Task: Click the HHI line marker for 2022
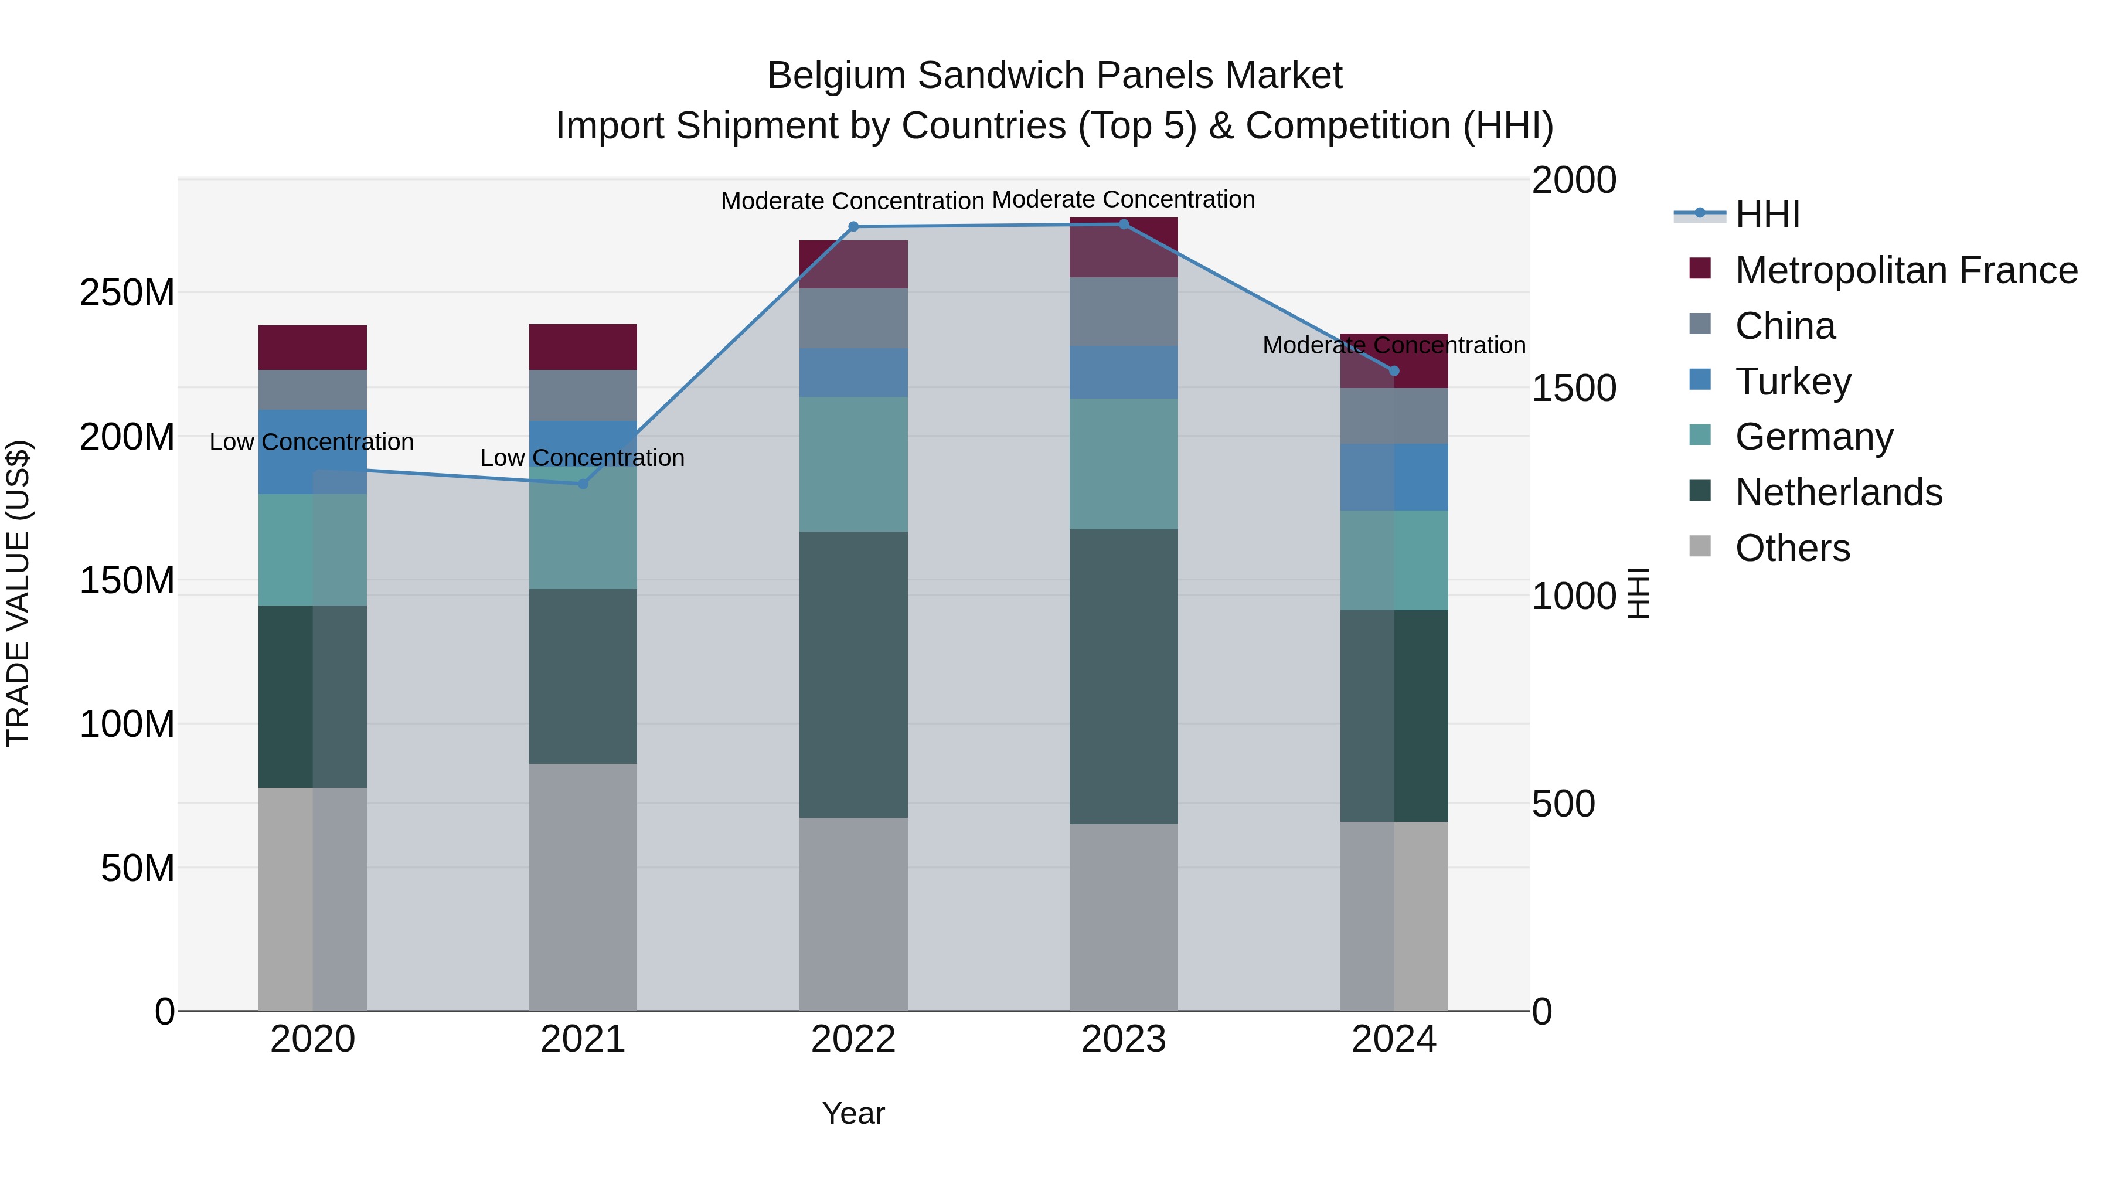(x=853, y=227)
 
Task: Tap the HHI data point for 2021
(x=583, y=484)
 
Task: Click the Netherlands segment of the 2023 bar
(x=1123, y=676)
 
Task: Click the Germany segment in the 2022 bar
(x=853, y=464)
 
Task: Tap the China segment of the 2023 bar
(x=1123, y=311)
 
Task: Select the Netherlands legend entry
(x=1837, y=492)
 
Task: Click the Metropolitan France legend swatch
(x=1700, y=268)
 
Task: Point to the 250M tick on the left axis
(x=127, y=293)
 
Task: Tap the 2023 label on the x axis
(x=1123, y=1039)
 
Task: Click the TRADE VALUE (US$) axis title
(x=18, y=593)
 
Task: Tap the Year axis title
(x=853, y=1113)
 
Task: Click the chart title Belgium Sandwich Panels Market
(x=1054, y=76)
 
